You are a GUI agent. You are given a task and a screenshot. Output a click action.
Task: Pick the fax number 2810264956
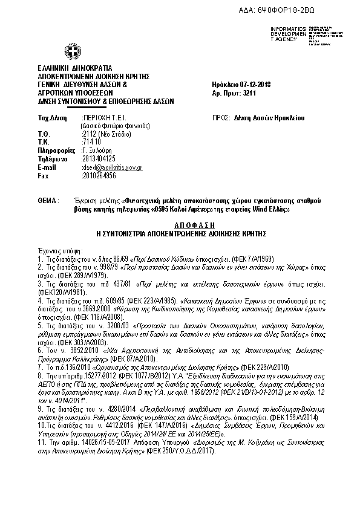(99, 175)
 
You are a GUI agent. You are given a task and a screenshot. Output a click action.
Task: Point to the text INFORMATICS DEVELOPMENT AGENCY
(289, 34)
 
